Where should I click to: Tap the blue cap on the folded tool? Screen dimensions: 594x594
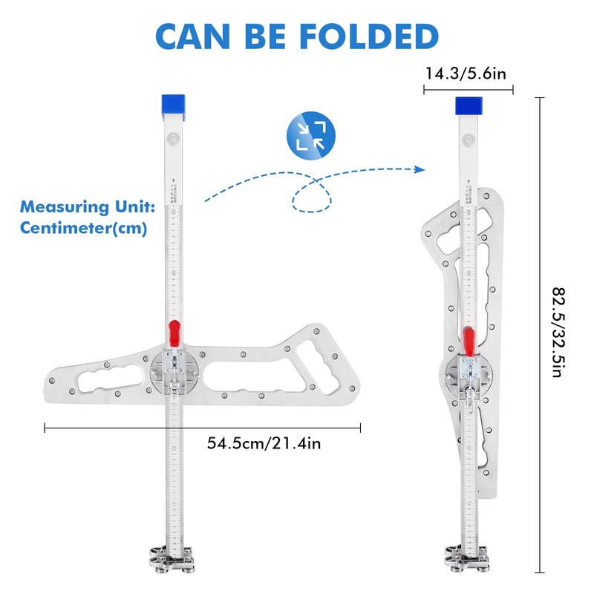click(469, 105)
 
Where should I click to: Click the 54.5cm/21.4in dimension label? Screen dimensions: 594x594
click(264, 443)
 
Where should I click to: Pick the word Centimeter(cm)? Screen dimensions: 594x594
click(83, 228)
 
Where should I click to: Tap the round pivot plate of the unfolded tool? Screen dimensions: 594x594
click(174, 371)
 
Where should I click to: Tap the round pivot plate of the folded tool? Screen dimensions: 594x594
click(468, 377)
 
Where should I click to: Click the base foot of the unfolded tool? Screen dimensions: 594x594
click(173, 558)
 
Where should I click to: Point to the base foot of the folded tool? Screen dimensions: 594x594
click(468, 558)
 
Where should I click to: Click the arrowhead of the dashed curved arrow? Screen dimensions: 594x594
click(420, 170)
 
